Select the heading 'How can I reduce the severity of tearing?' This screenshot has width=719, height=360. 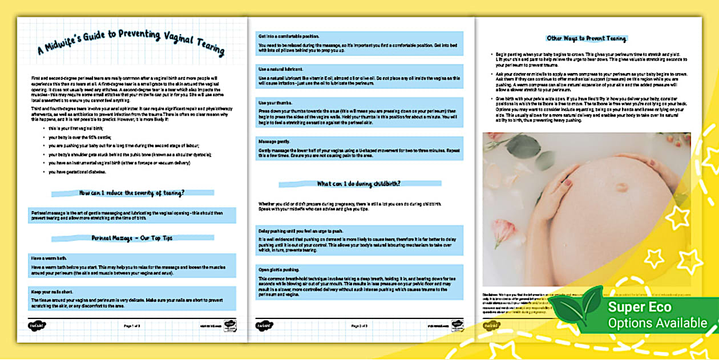tap(132, 193)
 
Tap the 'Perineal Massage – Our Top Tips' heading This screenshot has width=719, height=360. tap(132, 238)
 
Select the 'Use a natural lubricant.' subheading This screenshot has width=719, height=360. tap(278, 68)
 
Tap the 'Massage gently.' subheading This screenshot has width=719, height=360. tap(272, 140)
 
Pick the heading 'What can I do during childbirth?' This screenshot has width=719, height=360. tap(359, 184)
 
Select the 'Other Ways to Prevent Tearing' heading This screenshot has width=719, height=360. tap(587, 39)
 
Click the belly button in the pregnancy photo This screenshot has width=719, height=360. tap(621, 187)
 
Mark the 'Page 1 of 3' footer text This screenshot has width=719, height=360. tap(132, 326)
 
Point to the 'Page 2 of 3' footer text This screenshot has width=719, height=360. tap(359, 326)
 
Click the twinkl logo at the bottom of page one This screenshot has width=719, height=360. tap(35, 326)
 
